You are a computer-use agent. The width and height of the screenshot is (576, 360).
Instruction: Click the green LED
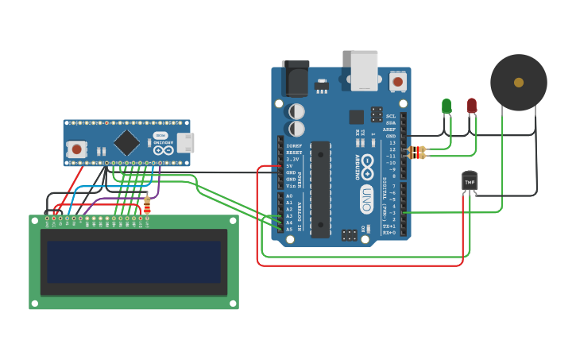(x=446, y=106)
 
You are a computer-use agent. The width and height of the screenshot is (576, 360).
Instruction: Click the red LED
(x=472, y=105)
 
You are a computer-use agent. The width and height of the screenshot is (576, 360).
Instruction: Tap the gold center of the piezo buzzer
(x=519, y=83)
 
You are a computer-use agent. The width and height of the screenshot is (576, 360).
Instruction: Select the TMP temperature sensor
(x=470, y=182)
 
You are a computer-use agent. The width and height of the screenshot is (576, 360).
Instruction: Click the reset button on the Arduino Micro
(x=76, y=149)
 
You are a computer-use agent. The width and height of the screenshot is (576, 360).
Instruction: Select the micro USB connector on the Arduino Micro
(x=185, y=143)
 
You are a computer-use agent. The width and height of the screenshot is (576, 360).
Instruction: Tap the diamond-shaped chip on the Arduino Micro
(x=126, y=143)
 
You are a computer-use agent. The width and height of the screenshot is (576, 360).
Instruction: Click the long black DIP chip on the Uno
(x=320, y=189)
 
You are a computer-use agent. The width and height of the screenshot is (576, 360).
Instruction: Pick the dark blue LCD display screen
(x=133, y=262)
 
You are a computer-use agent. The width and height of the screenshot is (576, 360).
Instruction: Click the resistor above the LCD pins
(x=147, y=206)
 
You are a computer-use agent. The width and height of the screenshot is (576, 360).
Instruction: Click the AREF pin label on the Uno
(x=390, y=130)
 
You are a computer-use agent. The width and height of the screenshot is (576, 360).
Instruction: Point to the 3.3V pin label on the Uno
(x=292, y=159)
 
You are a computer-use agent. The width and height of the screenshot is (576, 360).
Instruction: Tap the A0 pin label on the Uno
(x=289, y=195)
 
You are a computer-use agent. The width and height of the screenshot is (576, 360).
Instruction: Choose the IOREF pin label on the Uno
(x=293, y=146)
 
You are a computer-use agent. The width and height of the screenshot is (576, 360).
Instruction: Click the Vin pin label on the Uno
(x=291, y=185)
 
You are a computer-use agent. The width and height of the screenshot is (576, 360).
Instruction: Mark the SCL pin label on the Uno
(x=391, y=116)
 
